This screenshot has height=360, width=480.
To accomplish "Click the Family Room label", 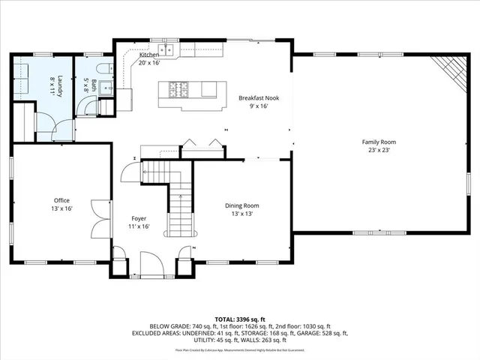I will tap(379, 142).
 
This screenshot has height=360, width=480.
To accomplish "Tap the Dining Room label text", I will tap(241, 205).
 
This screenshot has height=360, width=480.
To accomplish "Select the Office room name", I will tap(61, 200).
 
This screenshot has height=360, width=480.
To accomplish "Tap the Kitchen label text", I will tap(148, 55).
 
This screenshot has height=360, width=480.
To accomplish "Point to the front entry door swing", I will tap(149, 263).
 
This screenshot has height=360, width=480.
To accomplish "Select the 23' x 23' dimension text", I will tap(379, 150).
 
